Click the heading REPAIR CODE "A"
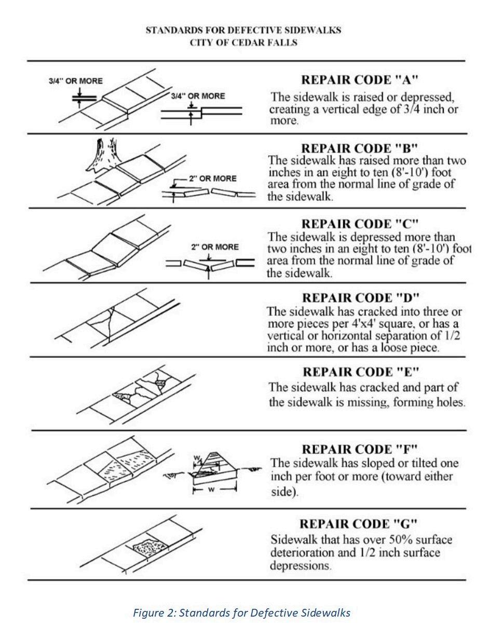point(360,80)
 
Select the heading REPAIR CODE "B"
point(360,149)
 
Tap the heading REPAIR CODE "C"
point(360,224)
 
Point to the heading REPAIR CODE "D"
point(360,298)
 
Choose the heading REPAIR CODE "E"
point(360,372)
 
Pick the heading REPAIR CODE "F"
point(360,448)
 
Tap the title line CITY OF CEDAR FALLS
point(243,43)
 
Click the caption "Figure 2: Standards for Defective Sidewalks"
point(241,612)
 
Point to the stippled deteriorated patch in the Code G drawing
point(149,547)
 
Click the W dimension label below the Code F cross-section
point(214,489)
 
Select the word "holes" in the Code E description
point(450,402)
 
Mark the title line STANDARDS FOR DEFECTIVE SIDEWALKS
point(243,30)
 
